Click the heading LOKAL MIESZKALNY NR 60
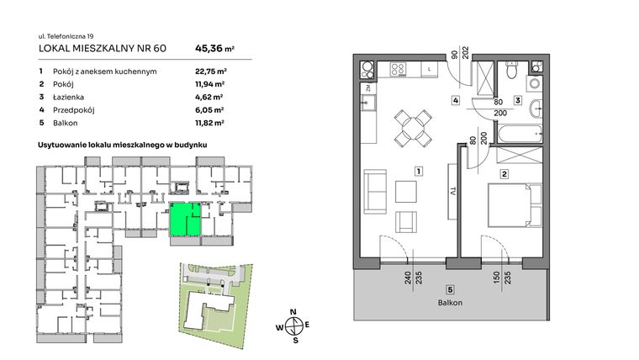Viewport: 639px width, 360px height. (x=103, y=48)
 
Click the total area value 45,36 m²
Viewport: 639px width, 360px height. (x=214, y=48)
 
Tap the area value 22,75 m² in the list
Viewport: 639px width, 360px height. (x=208, y=71)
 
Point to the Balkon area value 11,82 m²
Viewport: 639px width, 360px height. (x=208, y=122)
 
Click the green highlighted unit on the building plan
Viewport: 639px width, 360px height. (x=185, y=219)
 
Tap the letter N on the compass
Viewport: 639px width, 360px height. (x=293, y=311)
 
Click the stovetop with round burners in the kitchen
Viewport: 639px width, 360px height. (x=367, y=68)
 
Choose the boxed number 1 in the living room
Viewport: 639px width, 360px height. (x=418, y=172)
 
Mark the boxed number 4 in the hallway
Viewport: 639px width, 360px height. (x=455, y=102)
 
